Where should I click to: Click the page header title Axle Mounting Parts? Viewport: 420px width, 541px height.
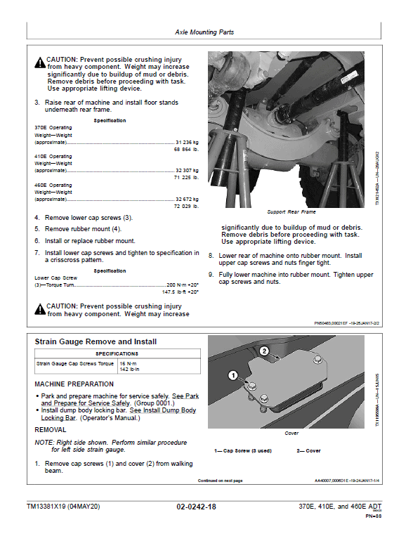pos(204,32)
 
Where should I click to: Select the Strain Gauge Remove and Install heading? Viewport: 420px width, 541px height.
pos(96,341)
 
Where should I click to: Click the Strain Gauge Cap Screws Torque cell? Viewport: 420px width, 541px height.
pos(74,364)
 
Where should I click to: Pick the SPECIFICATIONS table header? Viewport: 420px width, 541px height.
pos(117,353)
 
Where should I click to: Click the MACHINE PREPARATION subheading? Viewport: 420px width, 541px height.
pos(74,384)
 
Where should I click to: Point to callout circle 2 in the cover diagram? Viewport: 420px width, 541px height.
pos(264,350)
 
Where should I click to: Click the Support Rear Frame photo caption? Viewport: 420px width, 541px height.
pos(291,211)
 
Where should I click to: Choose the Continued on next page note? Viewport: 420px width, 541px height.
pos(220,481)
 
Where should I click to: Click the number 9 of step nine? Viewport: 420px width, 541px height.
pos(211,275)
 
